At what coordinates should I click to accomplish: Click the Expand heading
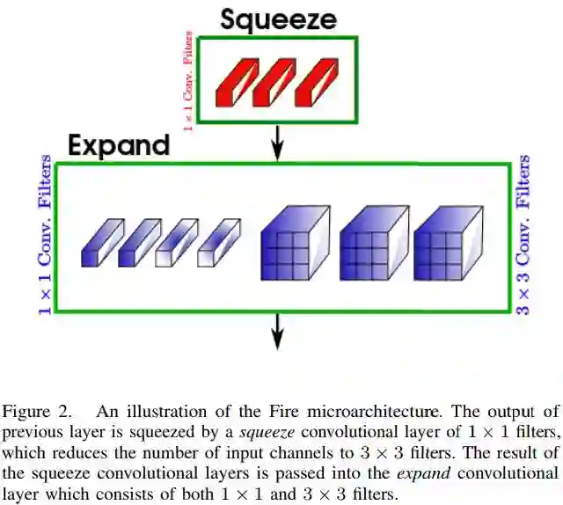(x=119, y=145)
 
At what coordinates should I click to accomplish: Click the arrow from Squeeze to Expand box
(x=278, y=140)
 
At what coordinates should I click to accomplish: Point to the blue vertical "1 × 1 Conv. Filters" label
(x=43, y=237)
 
